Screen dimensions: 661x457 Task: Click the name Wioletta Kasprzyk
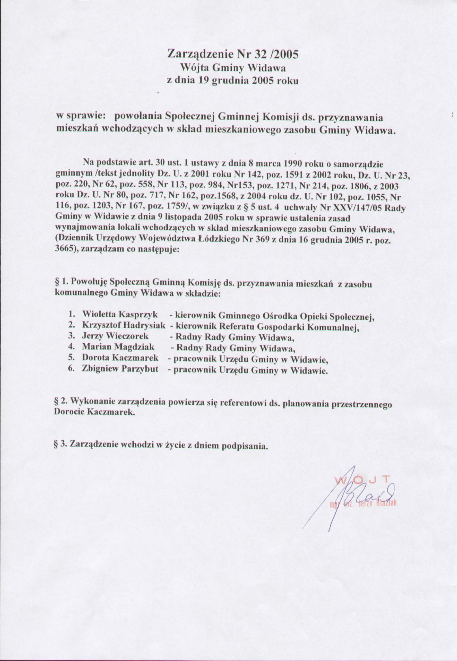click(120, 314)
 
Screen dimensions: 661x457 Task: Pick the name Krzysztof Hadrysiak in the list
click(124, 325)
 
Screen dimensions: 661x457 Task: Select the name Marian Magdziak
click(118, 347)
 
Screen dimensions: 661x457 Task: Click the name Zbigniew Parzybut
click(120, 369)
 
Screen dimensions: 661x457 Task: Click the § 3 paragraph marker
click(59, 444)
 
